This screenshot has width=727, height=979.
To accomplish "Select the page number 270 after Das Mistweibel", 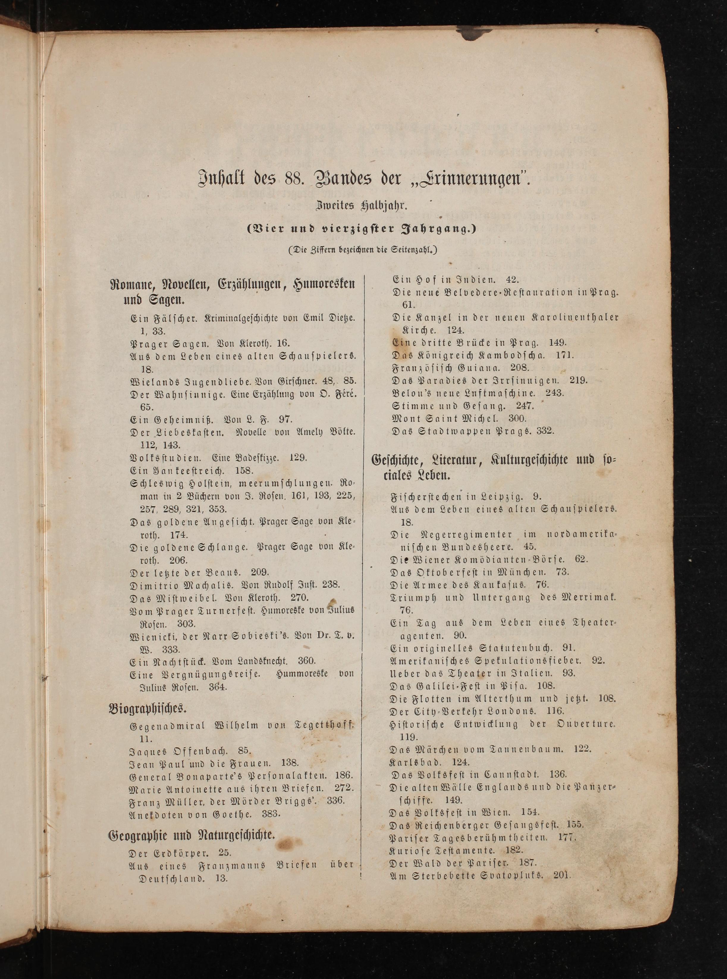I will pyautogui.click(x=300, y=598).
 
